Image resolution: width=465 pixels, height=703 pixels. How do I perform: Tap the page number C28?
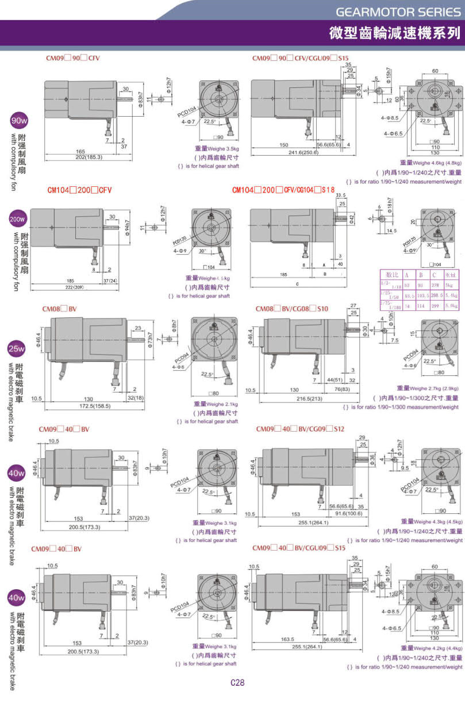pos(237,683)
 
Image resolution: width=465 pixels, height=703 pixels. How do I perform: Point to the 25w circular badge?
pos(17,348)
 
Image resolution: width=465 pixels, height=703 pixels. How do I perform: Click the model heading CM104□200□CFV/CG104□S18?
pos(283,190)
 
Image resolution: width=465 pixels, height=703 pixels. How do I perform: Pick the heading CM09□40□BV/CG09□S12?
pos(300,429)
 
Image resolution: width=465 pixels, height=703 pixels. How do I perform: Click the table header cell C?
pos(434,275)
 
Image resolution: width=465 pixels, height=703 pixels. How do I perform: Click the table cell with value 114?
pos(421,305)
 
